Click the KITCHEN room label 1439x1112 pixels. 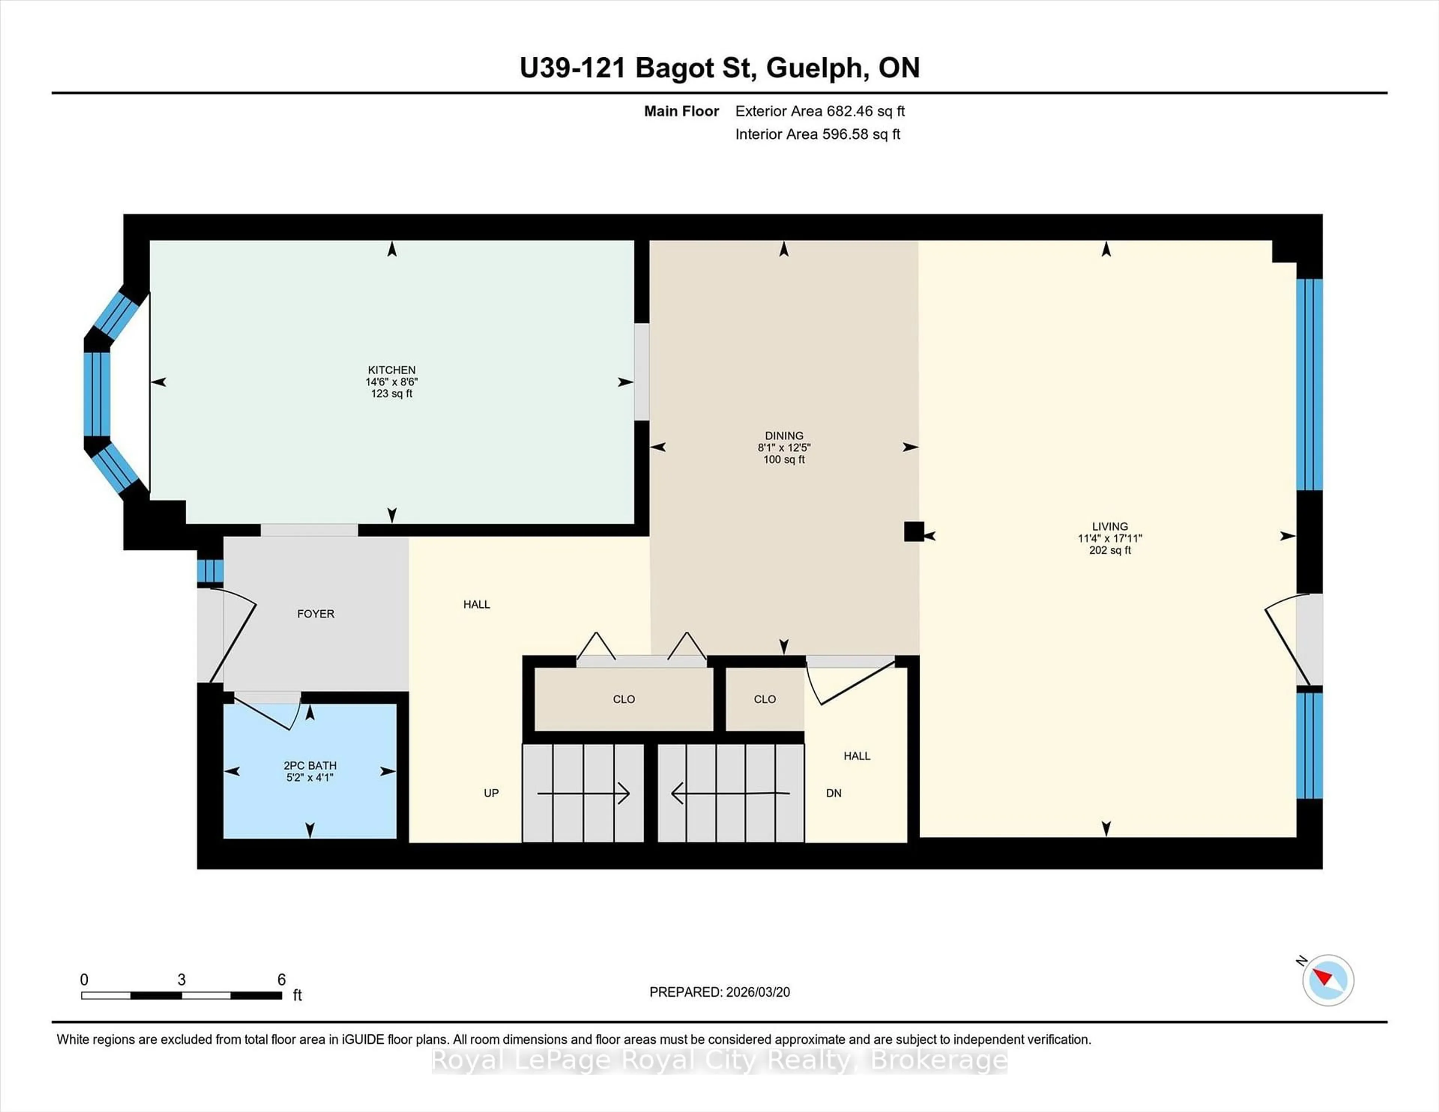[391, 369]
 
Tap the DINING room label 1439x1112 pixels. [784, 435]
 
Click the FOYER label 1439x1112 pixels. [316, 613]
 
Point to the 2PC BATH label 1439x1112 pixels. [310, 765]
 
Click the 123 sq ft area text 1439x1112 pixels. [391, 394]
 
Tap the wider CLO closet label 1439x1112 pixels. [623, 699]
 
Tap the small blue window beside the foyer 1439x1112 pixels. [210, 571]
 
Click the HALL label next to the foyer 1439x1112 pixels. [476, 604]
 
